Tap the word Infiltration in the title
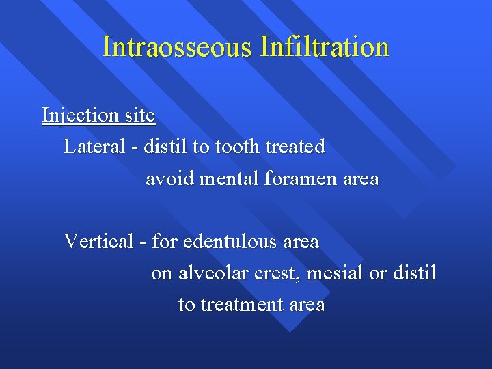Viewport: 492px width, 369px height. coord(325,47)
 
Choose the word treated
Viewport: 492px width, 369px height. coord(295,147)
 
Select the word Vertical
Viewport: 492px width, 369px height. coord(98,241)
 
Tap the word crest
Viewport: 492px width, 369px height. coord(276,273)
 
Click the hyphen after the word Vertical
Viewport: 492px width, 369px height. coord(142,242)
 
